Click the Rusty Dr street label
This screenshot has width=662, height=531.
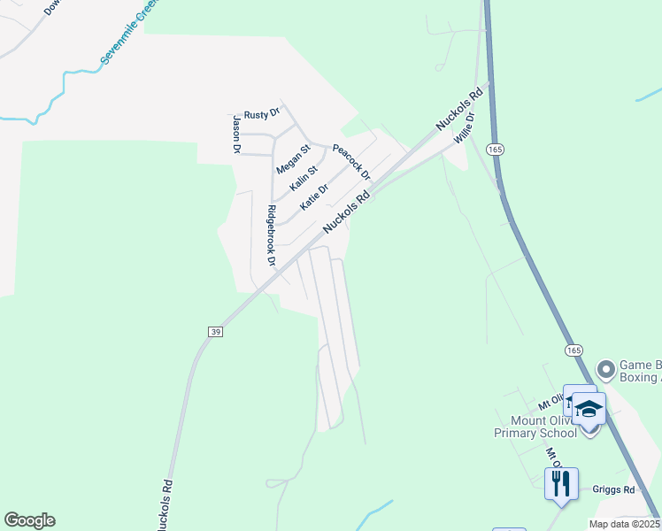(262, 113)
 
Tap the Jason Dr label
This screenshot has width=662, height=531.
(236, 135)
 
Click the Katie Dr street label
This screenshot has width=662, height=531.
(314, 196)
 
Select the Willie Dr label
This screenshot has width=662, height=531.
(465, 128)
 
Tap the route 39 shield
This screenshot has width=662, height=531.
(215, 331)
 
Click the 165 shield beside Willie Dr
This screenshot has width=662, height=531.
(495, 150)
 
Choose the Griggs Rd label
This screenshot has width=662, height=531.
(617, 489)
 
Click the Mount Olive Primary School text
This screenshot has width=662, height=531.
(535, 427)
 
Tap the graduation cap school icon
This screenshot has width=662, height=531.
(589, 410)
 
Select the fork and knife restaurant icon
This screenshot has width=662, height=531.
(561, 483)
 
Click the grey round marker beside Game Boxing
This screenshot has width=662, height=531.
(606, 368)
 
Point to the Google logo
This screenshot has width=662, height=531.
(29, 520)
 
